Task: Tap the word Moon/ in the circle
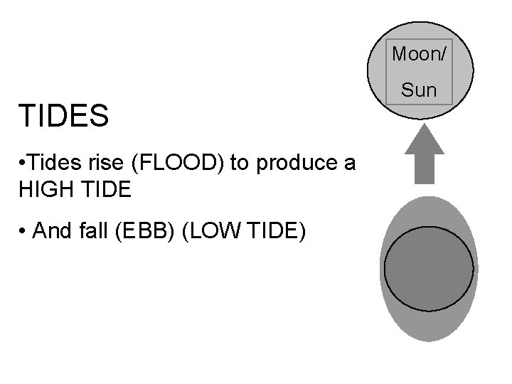[420, 53]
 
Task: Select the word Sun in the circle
[419, 90]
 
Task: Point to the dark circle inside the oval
[428, 269]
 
